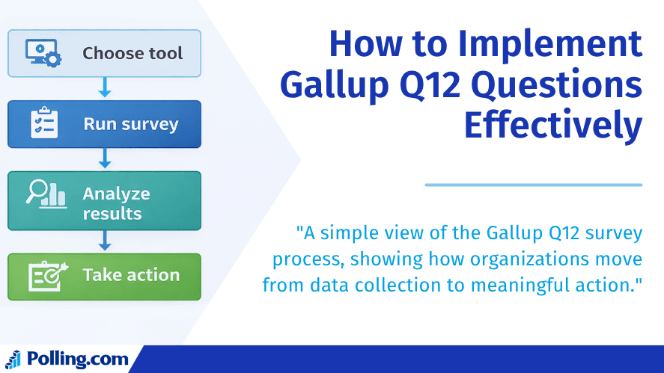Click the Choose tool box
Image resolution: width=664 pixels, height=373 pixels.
pos(104,53)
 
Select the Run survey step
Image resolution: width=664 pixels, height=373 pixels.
pos(104,124)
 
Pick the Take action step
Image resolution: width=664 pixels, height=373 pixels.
pos(104,277)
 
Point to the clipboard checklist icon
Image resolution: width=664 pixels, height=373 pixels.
pos(43,124)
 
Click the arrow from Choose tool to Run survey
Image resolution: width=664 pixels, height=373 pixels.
pos(105,88)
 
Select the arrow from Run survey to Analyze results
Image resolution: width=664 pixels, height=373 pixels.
pos(105,158)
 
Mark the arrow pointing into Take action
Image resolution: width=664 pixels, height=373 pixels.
pos(105,241)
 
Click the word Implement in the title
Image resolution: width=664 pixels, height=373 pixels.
pos(550,44)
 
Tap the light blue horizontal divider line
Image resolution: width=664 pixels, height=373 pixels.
pos(533,184)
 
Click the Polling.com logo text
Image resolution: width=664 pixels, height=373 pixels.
pos(77,360)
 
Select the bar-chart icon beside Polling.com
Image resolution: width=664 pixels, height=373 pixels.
pos(13,359)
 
